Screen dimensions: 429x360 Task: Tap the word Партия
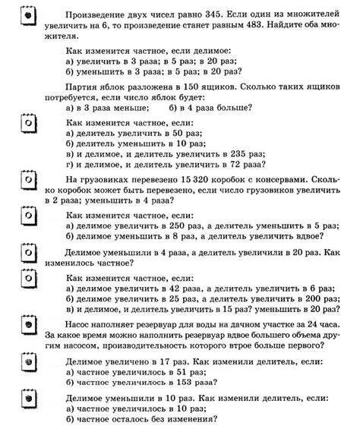point(81,88)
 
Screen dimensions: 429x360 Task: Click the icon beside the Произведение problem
point(28,14)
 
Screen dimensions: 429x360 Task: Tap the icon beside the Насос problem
point(28,326)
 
